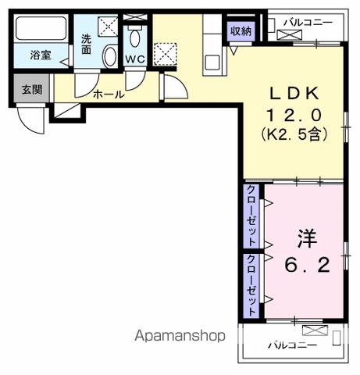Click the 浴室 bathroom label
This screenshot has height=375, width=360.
[41, 55]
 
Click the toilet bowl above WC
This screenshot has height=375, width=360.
[134, 37]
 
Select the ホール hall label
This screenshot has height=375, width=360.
[108, 95]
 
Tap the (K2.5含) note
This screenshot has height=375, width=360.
[292, 134]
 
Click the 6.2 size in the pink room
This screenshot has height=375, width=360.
[306, 265]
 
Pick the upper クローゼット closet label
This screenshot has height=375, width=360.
[251, 215]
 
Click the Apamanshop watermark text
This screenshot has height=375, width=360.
[180, 337]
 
